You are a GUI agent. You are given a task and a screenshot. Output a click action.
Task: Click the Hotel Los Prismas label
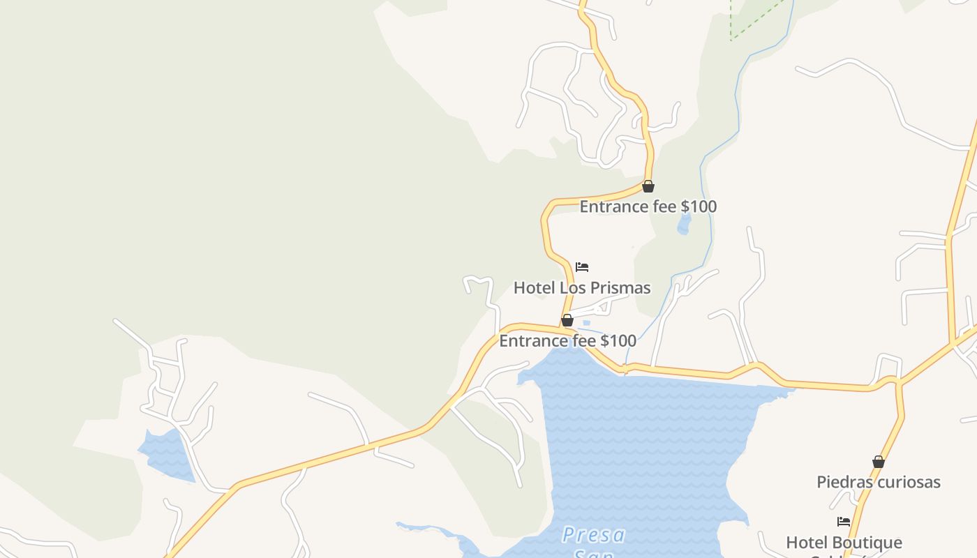[582, 288]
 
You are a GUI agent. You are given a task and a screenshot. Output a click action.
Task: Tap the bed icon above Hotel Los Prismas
[582, 267]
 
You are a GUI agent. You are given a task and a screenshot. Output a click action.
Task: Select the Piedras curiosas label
[879, 482]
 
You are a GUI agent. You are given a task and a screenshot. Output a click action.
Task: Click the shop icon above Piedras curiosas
[879, 462]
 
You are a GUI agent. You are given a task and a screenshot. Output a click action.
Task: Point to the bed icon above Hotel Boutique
[844, 522]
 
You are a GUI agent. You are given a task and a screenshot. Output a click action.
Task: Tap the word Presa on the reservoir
[594, 535]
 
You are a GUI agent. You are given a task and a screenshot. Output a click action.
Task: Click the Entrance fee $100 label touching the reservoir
[567, 341]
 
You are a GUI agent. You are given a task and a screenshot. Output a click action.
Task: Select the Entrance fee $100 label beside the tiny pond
[648, 206]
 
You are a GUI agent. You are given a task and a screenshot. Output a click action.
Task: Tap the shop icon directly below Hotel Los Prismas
[567, 320]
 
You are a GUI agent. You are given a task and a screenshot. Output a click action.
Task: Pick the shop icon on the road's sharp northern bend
[648, 186]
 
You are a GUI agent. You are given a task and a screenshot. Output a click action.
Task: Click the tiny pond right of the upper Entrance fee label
[684, 224]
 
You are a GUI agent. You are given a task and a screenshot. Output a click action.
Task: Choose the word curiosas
[909, 482]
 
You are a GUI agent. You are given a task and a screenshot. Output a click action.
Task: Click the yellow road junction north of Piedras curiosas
[899, 382]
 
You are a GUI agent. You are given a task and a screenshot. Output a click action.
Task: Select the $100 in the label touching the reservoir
[618, 341]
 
